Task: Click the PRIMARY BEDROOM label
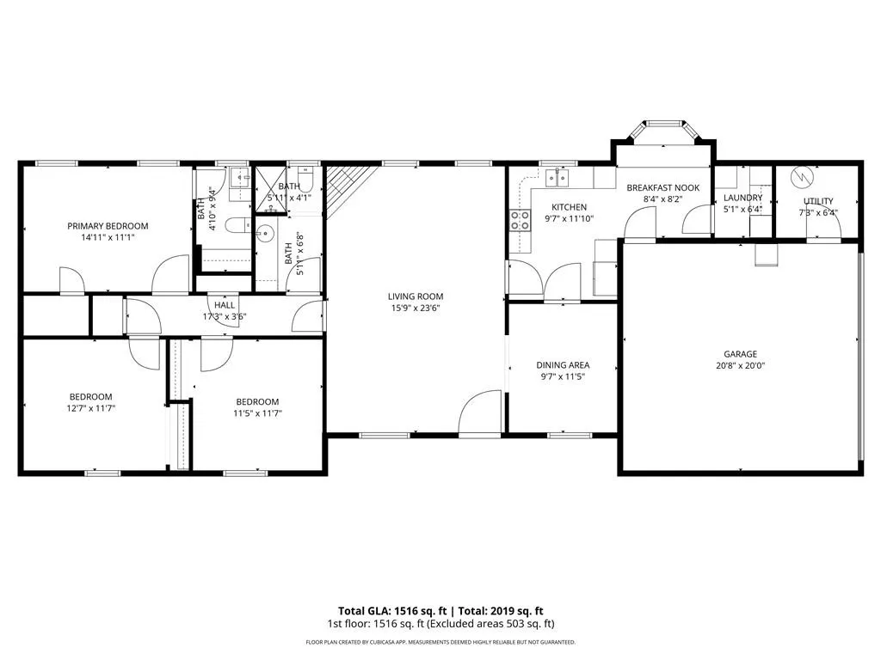(108, 226)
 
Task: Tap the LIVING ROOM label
(416, 296)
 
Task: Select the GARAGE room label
(740, 354)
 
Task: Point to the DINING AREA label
(563, 365)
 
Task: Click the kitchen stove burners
(521, 220)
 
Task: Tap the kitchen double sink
(557, 178)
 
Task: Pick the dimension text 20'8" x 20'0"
(740, 366)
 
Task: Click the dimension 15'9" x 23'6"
(416, 309)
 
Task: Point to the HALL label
(225, 305)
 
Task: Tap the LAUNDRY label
(742, 199)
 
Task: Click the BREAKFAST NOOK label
(663, 188)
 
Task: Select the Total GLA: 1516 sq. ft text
(392, 611)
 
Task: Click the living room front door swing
(479, 412)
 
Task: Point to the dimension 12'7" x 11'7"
(91, 408)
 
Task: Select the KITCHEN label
(570, 207)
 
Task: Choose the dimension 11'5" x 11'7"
(257, 413)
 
